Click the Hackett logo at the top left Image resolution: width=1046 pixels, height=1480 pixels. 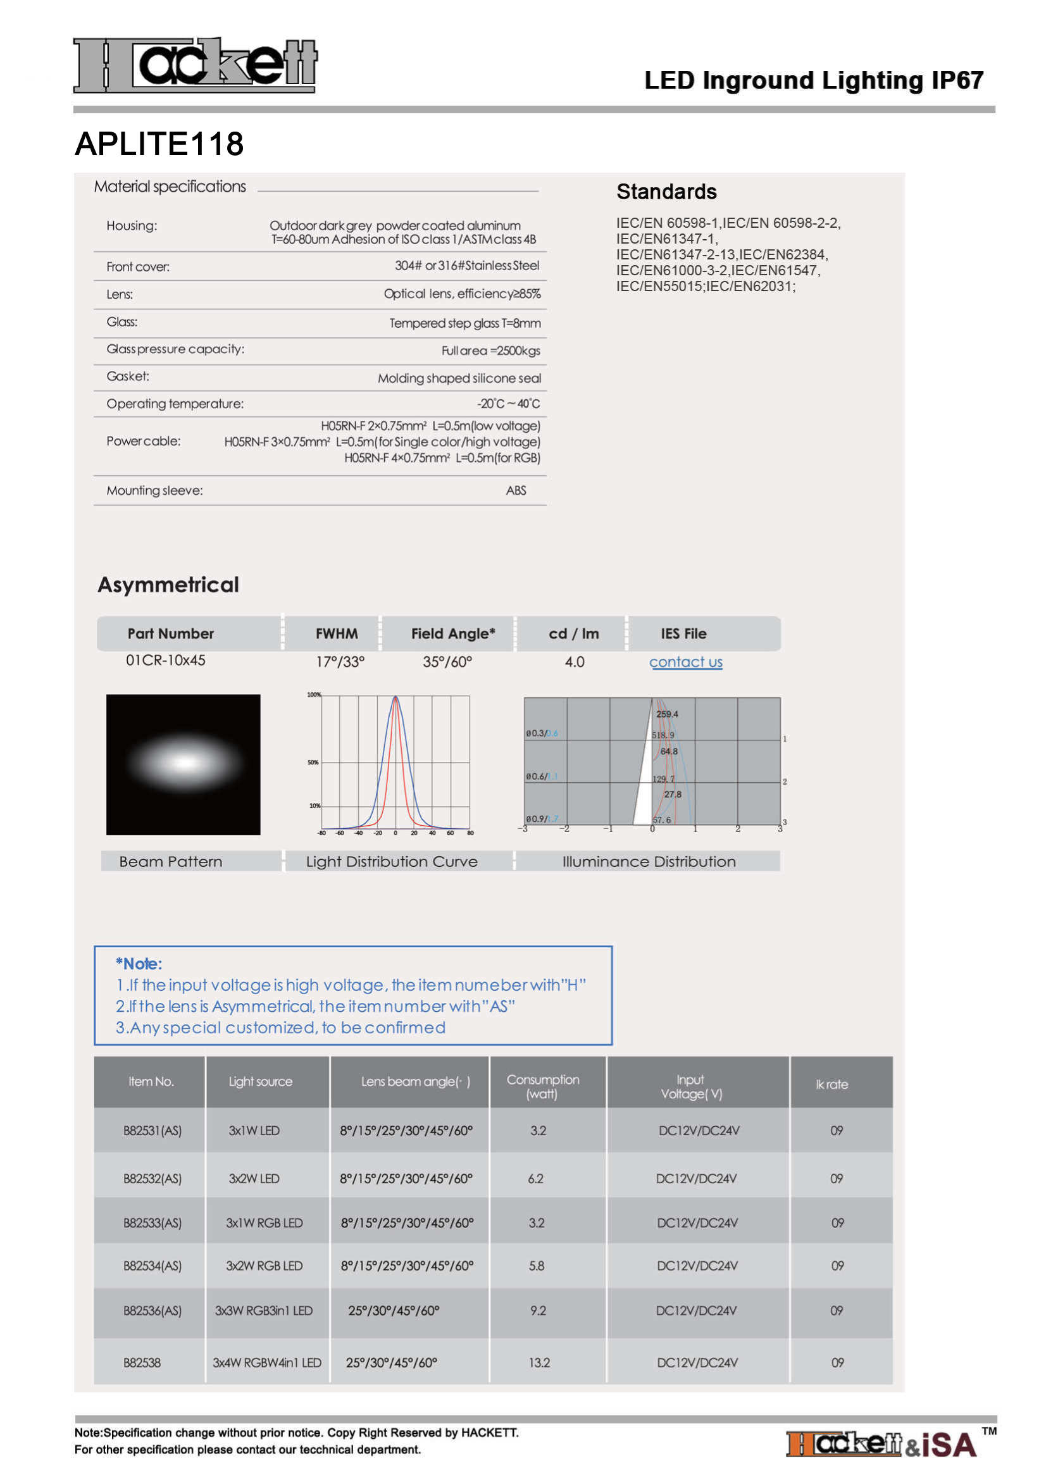[195, 65]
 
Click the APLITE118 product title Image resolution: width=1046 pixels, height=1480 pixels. [159, 144]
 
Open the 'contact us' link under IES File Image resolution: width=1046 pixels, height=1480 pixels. [685, 662]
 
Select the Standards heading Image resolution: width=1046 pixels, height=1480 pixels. [666, 192]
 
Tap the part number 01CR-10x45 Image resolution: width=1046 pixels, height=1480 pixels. [166, 661]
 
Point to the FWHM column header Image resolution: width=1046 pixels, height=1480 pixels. [337, 633]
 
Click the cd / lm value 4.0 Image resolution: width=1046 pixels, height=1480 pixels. [574, 662]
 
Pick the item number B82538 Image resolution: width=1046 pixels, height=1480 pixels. [142, 1363]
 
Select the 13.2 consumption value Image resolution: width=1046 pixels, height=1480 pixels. [539, 1363]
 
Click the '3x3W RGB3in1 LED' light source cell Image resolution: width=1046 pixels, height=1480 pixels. [264, 1310]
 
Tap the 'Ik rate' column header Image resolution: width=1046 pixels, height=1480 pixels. [831, 1085]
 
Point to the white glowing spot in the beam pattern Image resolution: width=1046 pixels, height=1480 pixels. [185, 763]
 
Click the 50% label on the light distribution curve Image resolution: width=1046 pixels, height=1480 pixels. [313, 762]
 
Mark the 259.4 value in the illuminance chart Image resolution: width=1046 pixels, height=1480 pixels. [667, 714]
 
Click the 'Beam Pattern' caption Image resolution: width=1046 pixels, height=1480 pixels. [171, 862]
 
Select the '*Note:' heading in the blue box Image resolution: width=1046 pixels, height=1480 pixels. [139, 964]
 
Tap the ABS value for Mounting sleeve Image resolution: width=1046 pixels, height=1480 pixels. [516, 490]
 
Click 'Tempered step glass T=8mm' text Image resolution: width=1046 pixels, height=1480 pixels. [464, 323]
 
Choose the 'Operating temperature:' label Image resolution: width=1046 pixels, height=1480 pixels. [175, 404]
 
